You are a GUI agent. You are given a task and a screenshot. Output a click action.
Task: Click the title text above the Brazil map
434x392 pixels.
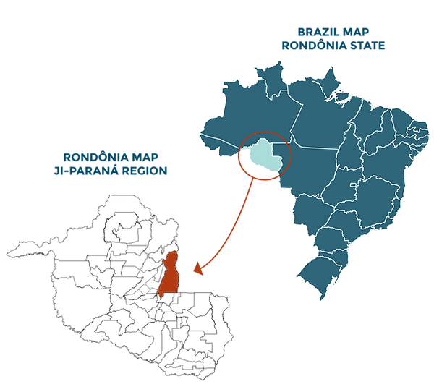tap(333, 38)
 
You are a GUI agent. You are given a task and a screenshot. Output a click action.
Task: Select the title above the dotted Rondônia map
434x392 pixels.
tap(111, 163)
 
